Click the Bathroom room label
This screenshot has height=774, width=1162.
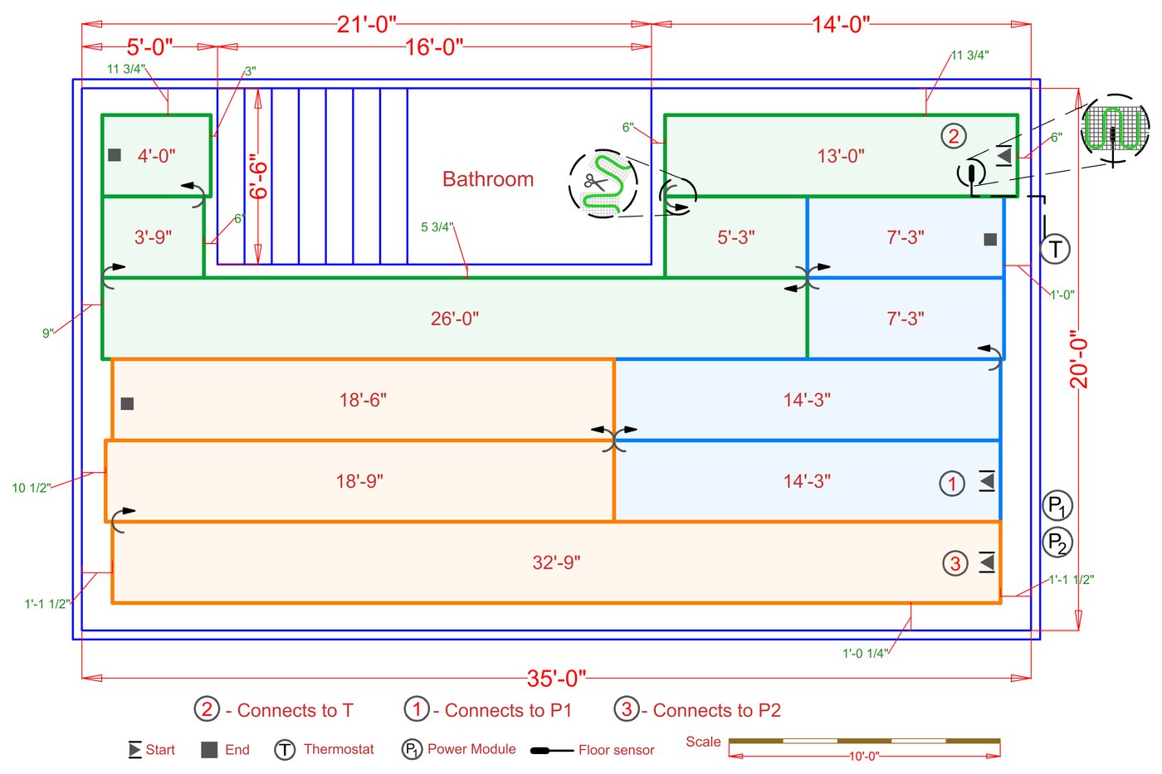coord(488,179)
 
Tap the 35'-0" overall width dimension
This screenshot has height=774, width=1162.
coord(556,679)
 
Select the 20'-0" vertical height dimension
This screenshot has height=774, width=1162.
coord(1078,359)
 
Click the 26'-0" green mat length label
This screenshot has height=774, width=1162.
coord(454,319)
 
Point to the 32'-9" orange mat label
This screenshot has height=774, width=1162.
coord(556,562)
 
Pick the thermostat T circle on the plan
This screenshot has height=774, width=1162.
coord(1055,249)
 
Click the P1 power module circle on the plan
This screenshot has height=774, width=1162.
coord(1057,505)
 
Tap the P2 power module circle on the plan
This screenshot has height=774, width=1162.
coord(1057,543)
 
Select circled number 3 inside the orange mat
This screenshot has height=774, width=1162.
coord(955,563)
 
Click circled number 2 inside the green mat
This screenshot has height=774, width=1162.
coord(954,136)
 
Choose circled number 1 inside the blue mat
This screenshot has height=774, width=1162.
coord(952,483)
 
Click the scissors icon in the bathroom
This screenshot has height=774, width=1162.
coord(594,182)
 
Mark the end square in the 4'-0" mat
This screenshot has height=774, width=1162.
coord(115,155)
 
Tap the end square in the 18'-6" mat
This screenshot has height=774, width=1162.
coord(127,404)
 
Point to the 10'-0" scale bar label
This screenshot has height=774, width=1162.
coord(864,757)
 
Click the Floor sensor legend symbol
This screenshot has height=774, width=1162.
coord(551,751)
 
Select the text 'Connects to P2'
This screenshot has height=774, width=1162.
coord(716,710)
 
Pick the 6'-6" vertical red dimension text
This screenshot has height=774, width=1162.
coord(259,176)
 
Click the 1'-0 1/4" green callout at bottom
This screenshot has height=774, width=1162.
coord(865,654)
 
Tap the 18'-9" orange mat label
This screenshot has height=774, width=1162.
coord(359,481)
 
